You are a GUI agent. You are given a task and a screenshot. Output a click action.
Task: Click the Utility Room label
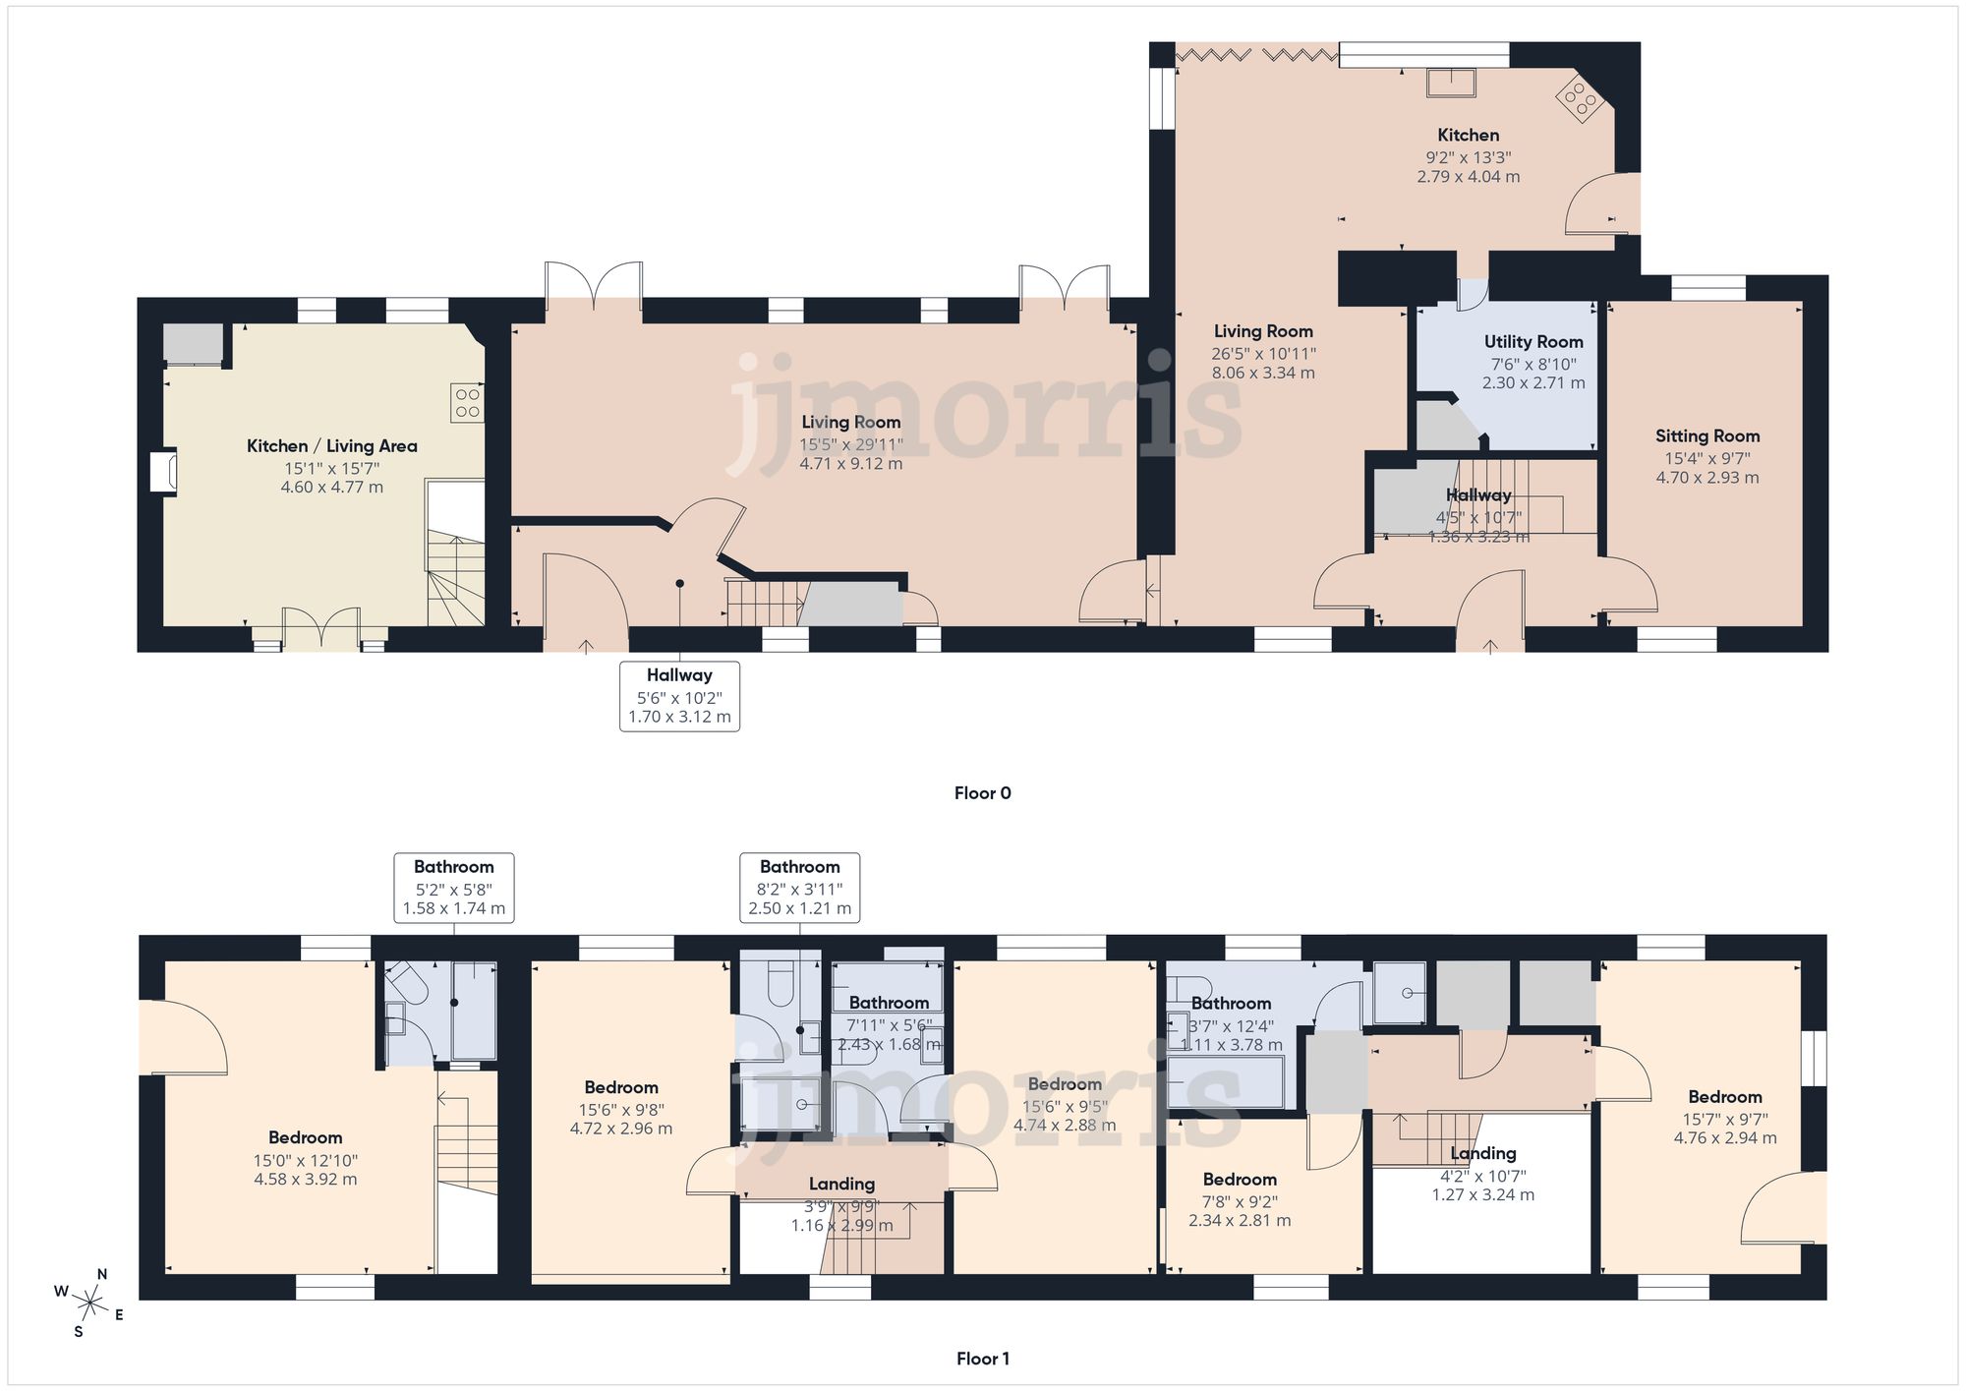[x=1533, y=342]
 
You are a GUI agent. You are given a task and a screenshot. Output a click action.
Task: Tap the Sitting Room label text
[x=1707, y=436]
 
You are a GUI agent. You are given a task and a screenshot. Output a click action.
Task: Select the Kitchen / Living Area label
[x=331, y=446]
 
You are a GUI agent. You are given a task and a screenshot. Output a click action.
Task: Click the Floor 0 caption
[x=982, y=793]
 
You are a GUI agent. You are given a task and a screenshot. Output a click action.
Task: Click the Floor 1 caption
[x=982, y=1359]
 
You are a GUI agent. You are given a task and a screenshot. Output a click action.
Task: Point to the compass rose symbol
[x=89, y=1304]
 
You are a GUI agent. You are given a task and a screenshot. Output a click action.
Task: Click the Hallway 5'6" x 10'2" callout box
[x=679, y=696]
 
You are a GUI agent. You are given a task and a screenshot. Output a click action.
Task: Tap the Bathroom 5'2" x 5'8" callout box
[x=453, y=887]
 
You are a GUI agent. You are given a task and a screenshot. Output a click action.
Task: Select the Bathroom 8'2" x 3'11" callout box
[x=799, y=887]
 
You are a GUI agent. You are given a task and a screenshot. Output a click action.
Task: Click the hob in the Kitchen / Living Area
[x=468, y=402]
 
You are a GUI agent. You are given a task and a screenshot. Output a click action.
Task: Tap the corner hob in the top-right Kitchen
[x=1579, y=100]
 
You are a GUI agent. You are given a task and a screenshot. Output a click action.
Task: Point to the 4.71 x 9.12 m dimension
[x=850, y=464]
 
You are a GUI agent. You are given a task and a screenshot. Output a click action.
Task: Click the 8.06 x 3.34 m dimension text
[x=1263, y=374]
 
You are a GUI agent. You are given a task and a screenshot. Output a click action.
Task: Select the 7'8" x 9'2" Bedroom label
[x=1240, y=1180]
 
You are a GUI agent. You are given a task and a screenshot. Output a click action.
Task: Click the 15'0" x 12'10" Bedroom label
[x=305, y=1138]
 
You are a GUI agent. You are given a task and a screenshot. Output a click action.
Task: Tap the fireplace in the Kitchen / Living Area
[x=162, y=472]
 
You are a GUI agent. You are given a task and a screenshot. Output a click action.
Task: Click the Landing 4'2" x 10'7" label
[x=1483, y=1154]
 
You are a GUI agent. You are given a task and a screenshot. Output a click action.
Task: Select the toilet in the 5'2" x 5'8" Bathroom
[x=404, y=982]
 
